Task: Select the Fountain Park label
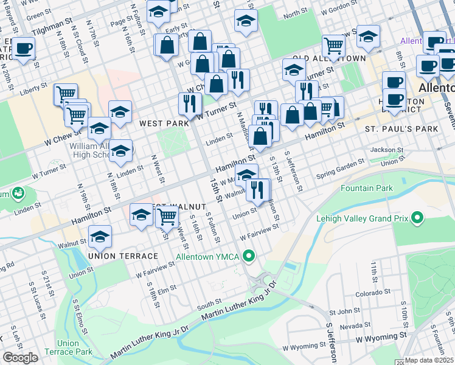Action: tap(367, 188)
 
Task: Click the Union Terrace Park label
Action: tap(75, 347)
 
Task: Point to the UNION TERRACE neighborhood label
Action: tap(123, 256)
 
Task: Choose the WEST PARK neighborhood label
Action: tap(164, 123)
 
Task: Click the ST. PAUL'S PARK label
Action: tap(401, 130)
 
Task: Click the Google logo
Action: tap(20, 358)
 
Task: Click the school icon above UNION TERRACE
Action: tap(100, 237)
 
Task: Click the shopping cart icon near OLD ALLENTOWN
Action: tap(333, 45)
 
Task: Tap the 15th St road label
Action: tap(215, 189)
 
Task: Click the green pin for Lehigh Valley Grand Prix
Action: tap(417, 217)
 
